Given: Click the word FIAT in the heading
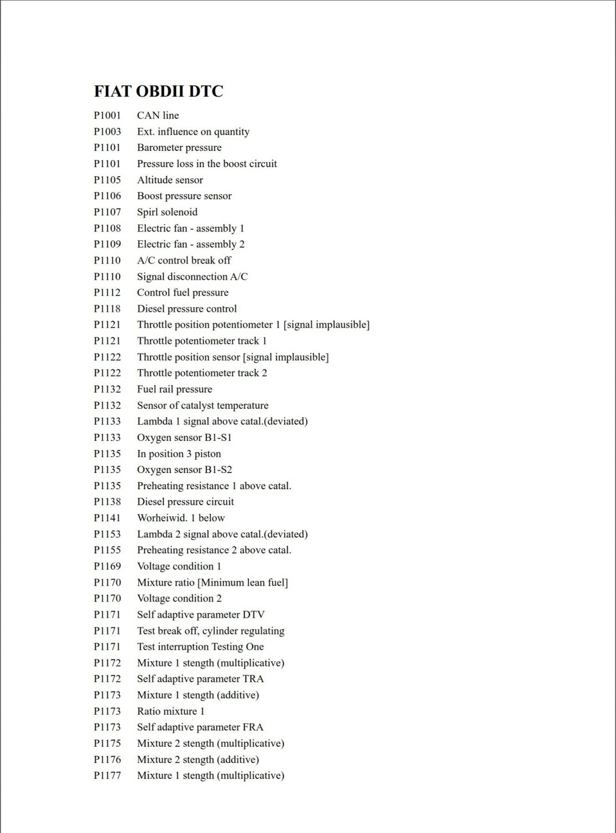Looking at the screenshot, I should [x=113, y=91].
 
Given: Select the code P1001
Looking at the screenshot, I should [x=107, y=116].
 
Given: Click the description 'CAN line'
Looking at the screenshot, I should [x=158, y=116].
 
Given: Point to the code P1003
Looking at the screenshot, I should [x=107, y=132].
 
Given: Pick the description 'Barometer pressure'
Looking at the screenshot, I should [x=179, y=148].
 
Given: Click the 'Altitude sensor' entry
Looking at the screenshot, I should [x=170, y=180].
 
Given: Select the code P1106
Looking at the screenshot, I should [x=107, y=196].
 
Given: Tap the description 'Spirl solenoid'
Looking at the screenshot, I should [x=167, y=212].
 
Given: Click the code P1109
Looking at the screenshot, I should [x=107, y=244].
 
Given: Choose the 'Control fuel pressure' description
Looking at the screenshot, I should [x=183, y=293].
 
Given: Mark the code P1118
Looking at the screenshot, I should [x=107, y=309].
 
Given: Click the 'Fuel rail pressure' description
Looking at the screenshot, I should [x=175, y=389].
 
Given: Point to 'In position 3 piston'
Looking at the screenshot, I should [x=179, y=454].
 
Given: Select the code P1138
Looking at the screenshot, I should [x=107, y=502].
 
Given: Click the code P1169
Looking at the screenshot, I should [x=107, y=566].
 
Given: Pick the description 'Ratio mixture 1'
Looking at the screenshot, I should [x=171, y=711].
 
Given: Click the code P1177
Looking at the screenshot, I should [x=107, y=776].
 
